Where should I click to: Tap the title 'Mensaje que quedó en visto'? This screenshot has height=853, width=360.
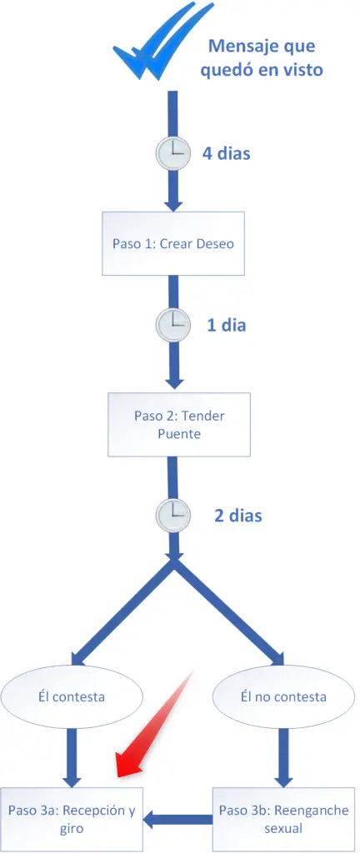coord(262,57)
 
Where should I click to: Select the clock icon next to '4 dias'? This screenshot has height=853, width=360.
coord(172,153)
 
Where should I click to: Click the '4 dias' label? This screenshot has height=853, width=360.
coord(226,153)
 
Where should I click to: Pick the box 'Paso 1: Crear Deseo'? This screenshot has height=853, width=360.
coord(173,243)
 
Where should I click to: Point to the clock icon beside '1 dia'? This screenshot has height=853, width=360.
coord(173,326)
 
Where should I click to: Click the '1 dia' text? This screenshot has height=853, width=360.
coord(226,326)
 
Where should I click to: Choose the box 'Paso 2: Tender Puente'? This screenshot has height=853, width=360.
coord(179,424)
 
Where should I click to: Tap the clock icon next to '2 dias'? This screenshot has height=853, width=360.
coord(173,515)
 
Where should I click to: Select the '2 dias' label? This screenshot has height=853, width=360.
coord(237,515)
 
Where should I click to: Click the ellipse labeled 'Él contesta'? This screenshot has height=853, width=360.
coord(72,696)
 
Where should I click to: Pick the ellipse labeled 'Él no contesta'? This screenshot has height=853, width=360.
coord(282,696)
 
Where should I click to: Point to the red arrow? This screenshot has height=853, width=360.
coord(153,724)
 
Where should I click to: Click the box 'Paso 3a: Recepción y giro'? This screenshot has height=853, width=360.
coord(72,820)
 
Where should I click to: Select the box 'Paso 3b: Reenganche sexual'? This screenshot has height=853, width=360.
coord(282,820)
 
